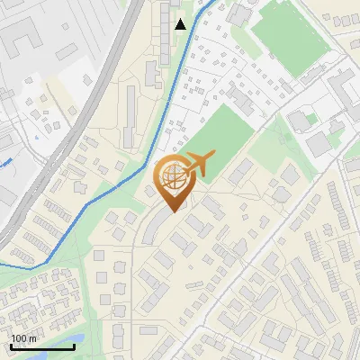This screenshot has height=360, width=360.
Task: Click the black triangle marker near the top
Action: (x=180, y=23)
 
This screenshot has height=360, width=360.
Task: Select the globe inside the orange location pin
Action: (x=171, y=176)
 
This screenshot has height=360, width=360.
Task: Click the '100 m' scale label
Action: (x=23, y=338)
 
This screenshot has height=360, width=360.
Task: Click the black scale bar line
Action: (x=42, y=346)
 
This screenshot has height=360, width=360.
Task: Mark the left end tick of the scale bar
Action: (x=11, y=346)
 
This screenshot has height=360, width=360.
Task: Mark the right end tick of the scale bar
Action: (x=74, y=346)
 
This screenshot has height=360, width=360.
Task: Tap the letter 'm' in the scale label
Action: (x=33, y=338)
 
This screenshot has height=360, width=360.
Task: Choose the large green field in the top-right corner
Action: (x=288, y=36)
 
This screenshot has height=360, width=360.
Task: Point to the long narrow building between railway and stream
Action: (x=130, y=112)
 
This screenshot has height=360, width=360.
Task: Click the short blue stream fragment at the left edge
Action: (x=5, y=163)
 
